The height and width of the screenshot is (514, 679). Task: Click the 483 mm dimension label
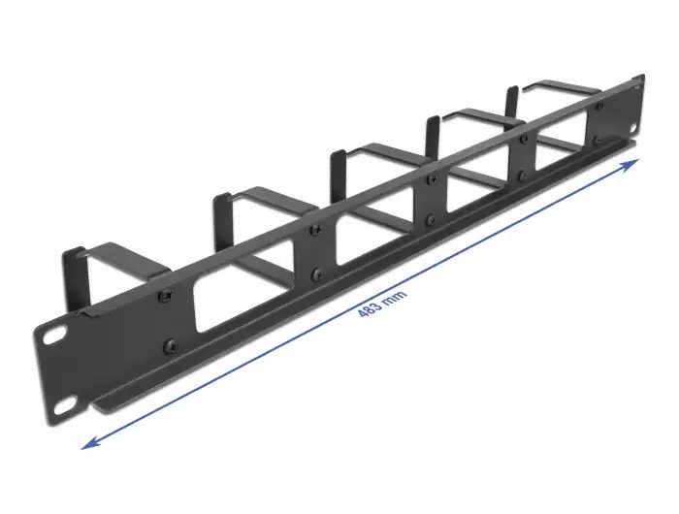pos(382,304)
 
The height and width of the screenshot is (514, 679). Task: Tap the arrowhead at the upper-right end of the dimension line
pos(630,165)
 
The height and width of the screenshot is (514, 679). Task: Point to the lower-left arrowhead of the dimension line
pos(89,442)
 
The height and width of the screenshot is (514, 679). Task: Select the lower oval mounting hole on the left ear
pos(65,405)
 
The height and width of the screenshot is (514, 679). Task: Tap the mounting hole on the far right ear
pos(633,129)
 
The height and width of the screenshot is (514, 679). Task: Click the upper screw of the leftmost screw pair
pos(165,297)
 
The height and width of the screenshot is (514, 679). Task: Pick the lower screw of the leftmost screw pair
pos(170,345)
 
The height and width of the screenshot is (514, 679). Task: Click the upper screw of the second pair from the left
pos(315,230)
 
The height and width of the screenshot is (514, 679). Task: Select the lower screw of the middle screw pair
pos(431,219)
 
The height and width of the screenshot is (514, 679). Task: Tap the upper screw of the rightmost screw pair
pos(599,106)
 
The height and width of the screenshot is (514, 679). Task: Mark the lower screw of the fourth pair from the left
pos(523,177)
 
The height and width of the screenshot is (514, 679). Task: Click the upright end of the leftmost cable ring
pos(76,279)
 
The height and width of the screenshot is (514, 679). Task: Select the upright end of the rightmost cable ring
pos(512,102)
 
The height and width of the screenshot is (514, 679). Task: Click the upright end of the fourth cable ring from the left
pos(433,136)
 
